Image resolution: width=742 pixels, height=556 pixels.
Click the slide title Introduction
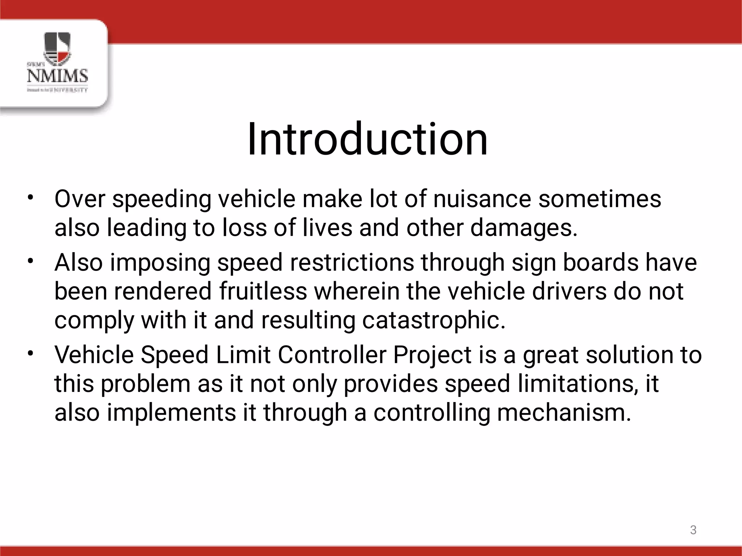point(367,139)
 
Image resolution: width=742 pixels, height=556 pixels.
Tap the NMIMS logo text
point(58,76)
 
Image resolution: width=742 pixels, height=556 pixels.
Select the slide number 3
point(693,530)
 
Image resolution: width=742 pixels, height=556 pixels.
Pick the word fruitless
point(263,291)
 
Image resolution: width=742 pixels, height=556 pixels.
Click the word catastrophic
point(433,320)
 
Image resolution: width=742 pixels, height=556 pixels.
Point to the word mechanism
point(564,413)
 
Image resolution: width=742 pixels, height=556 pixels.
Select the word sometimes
point(600,199)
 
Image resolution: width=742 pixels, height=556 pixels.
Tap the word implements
point(171,413)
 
